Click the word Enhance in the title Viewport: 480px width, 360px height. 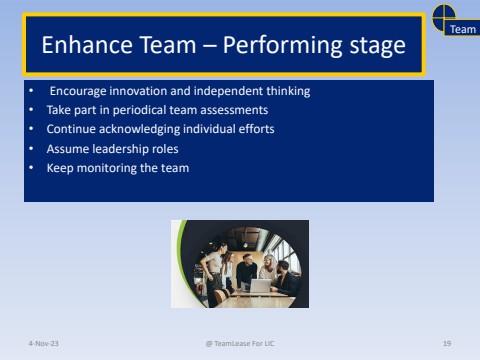coord(83,46)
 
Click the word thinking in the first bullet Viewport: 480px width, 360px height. coord(288,91)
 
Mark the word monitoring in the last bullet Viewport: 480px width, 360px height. coord(107,168)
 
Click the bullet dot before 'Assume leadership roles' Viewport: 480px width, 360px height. coord(31,149)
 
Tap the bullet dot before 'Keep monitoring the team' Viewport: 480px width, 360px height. coord(31,168)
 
